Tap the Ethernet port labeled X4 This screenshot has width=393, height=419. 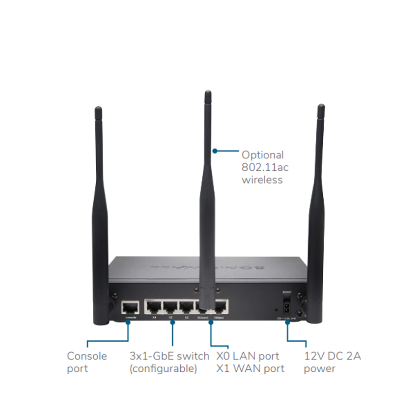click(154, 308)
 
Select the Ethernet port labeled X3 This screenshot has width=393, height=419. click(170, 308)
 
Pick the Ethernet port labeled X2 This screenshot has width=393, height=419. click(187, 308)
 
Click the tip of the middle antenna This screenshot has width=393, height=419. click(208, 93)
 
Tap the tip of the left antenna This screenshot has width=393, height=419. click(98, 109)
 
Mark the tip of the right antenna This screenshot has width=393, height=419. click(321, 107)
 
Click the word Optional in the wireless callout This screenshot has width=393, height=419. click(262, 155)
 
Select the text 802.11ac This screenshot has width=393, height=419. click(265, 167)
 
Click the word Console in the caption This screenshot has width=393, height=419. click(86, 356)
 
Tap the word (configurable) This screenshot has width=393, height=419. click(163, 368)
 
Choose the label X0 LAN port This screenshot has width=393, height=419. click(248, 356)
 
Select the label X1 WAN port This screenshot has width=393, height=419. click(250, 368)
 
